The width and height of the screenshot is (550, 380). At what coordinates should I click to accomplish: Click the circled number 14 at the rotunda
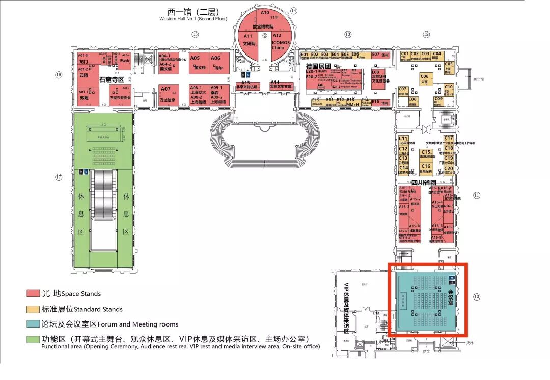[294, 11]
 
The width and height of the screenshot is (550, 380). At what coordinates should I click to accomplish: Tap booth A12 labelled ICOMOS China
[278, 41]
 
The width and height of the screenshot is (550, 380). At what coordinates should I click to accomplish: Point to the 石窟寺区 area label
[112, 79]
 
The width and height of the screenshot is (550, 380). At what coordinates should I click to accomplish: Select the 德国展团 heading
[318, 66]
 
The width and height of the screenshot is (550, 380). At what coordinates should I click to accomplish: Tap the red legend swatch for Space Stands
[34, 293]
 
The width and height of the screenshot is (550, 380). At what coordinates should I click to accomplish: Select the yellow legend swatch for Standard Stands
[34, 309]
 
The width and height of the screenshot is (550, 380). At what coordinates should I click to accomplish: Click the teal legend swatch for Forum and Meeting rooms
[34, 324]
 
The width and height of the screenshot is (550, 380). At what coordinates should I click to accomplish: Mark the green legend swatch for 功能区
[34, 339]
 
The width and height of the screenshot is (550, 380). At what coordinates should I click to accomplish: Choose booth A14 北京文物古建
[275, 86]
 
